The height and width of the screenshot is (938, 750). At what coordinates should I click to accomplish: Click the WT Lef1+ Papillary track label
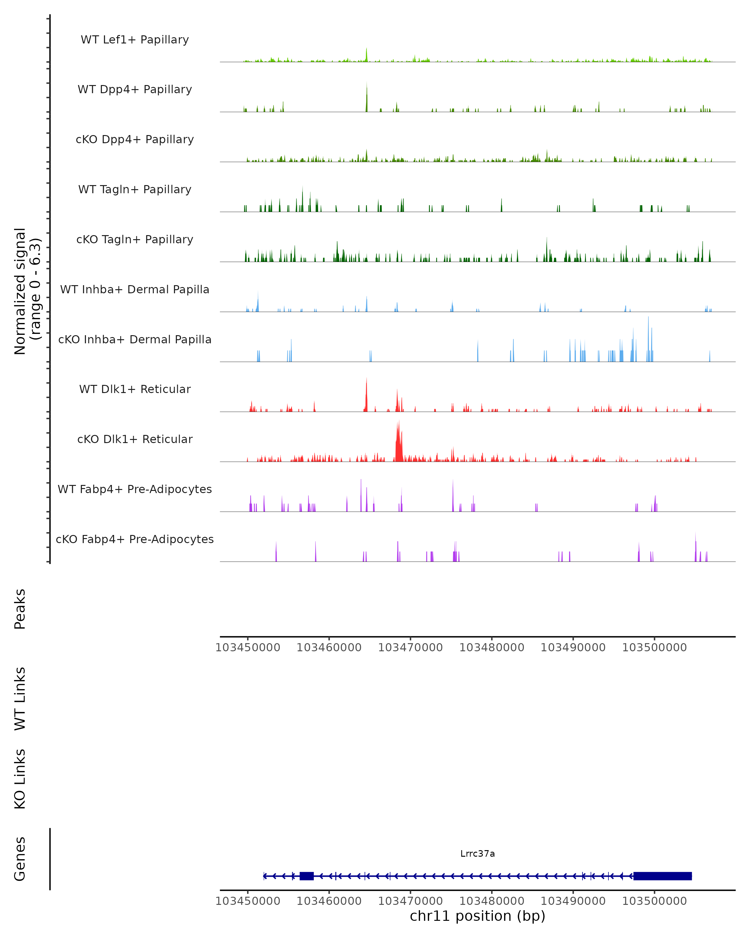[x=135, y=40]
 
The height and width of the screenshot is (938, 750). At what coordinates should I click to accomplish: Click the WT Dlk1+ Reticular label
[x=135, y=389]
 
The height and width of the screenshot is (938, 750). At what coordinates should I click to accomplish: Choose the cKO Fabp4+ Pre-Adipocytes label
[x=135, y=539]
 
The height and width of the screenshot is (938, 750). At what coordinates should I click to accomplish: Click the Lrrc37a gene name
[x=477, y=854]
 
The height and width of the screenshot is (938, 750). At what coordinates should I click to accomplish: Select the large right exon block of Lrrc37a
[x=662, y=876]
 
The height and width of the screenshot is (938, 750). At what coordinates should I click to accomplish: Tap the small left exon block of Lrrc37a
[x=307, y=876]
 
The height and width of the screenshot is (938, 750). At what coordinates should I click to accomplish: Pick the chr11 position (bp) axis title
[x=477, y=916]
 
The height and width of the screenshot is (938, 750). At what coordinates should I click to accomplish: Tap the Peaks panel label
[x=20, y=609]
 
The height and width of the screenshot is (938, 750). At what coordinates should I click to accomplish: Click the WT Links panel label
[x=20, y=699]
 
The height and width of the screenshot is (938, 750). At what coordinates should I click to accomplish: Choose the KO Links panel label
[x=20, y=779]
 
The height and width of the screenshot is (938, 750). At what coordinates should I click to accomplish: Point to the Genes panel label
[x=20, y=859]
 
